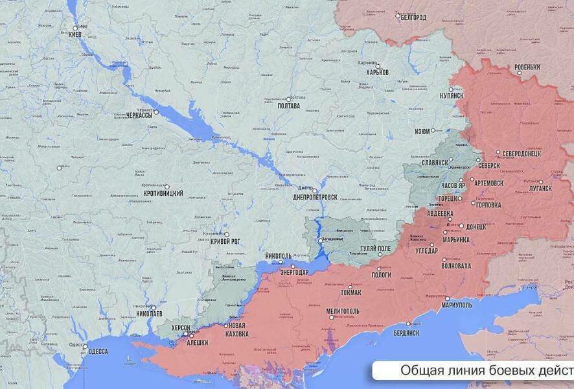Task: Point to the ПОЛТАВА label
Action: [288, 106]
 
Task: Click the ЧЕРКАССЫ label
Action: [139, 115]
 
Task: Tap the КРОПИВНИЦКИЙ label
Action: [163, 193]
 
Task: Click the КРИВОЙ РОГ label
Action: [225, 241]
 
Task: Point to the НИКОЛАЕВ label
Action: [150, 314]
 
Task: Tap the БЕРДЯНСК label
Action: [406, 333]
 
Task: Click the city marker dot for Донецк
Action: [461, 226]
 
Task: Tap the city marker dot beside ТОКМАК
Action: [350, 287]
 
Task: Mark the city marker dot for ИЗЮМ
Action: [433, 130]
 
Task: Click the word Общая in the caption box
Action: [419, 370]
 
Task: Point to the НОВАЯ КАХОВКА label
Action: [237, 329]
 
